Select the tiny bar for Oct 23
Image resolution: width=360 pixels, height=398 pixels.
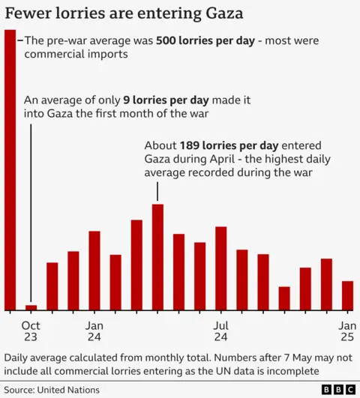[31, 307]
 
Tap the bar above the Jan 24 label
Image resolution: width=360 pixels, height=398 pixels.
[94, 271]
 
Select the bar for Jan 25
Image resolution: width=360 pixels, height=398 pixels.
[347, 295]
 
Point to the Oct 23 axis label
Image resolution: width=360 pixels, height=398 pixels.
[31, 332]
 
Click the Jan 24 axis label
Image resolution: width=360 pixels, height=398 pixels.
[94, 332]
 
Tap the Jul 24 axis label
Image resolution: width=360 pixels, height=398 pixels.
[220, 332]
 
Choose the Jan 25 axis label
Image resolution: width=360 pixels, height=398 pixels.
[347, 332]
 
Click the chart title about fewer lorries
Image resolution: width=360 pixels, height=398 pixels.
[124, 13]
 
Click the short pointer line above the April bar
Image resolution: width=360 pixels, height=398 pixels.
[157, 192]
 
